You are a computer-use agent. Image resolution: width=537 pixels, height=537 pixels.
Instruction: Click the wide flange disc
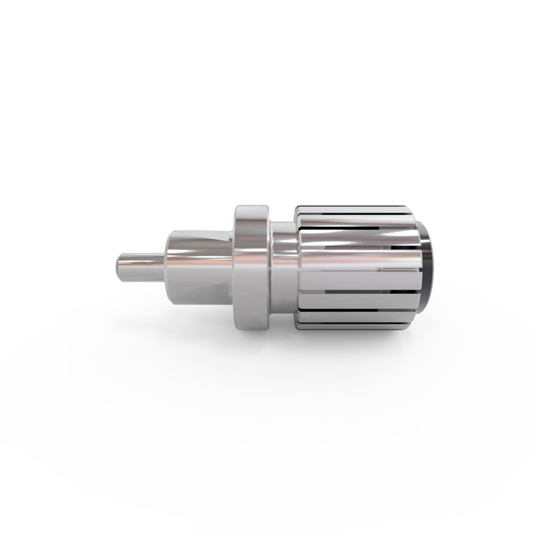click(252, 267)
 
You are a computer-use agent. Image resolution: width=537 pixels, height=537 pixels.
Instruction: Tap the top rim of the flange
click(252, 208)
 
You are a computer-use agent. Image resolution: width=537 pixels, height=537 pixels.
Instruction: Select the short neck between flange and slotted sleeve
click(284, 267)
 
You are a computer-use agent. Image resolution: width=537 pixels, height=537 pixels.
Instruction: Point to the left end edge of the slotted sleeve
click(298, 267)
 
